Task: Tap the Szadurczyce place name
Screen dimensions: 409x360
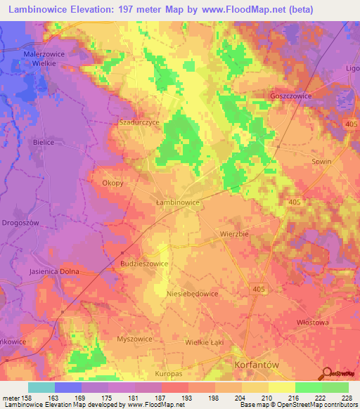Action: [139, 122]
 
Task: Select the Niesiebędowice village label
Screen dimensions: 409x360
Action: [192, 294]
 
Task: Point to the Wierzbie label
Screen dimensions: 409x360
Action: [235, 232]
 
